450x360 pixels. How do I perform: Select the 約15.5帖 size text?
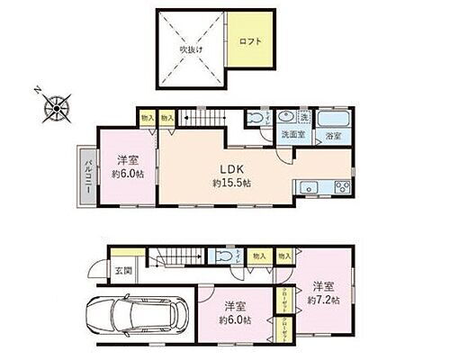coord(232,183)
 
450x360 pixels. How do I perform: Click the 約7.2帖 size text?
coord(321,300)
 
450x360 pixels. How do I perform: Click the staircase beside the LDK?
coord(204,117)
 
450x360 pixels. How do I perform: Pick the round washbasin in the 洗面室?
coord(288,120)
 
